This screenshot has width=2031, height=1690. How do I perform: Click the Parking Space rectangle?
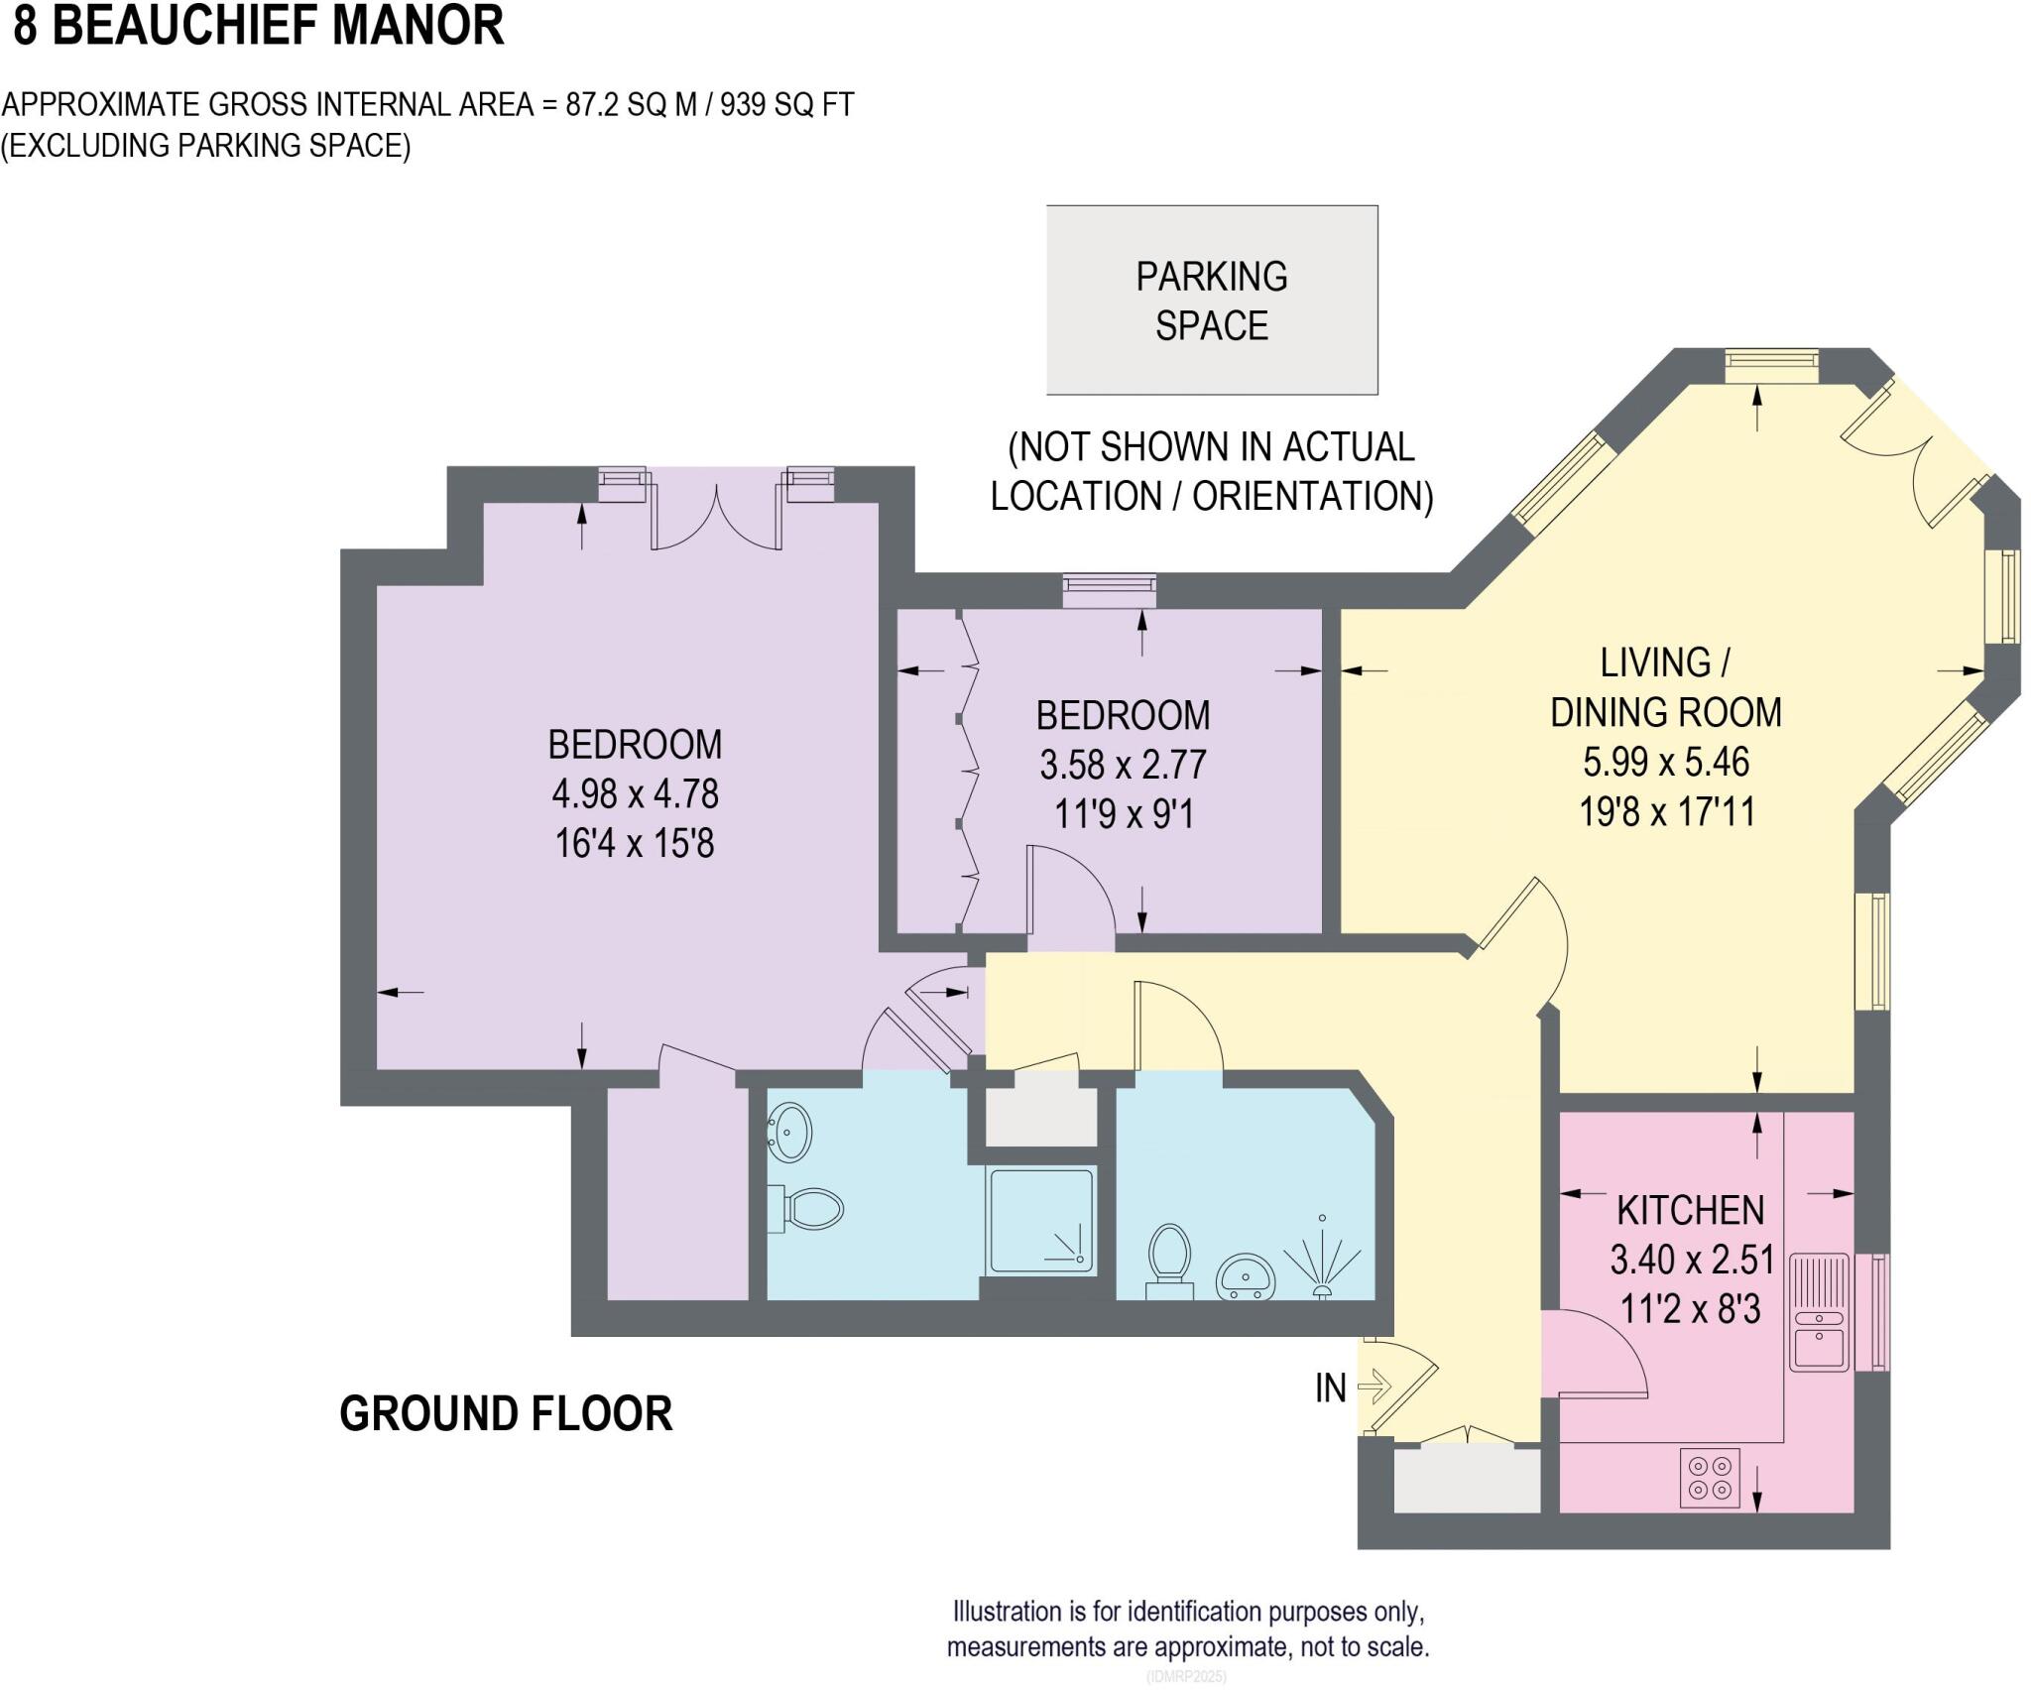click(x=1212, y=300)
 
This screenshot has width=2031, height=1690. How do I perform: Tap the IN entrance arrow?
click(x=1375, y=1387)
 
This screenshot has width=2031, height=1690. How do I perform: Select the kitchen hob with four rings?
click(x=1711, y=1479)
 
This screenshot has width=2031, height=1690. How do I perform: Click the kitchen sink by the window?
click(x=1819, y=1312)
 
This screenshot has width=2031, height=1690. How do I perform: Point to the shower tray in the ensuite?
click(x=1041, y=1222)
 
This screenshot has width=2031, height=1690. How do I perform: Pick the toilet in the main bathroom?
click(x=1169, y=1256)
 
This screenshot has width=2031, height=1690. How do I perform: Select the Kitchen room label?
click(x=1691, y=1210)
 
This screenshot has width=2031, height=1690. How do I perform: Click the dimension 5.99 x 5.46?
click(x=1666, y=762)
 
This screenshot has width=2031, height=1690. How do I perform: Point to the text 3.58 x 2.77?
click(x=1123, y=765)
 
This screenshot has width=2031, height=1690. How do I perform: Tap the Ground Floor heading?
click(x=506, y=1413)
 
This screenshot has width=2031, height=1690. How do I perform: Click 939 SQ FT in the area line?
click(x=786, y=104)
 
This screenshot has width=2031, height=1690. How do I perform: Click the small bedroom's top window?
click(x=1109, y=591)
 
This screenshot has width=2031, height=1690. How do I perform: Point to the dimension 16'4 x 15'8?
click(x=635, y=844)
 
